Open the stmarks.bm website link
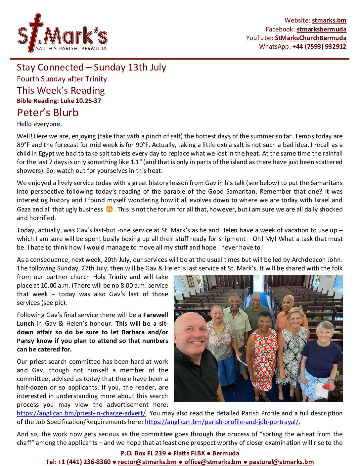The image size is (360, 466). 329,21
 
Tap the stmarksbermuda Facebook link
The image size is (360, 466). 321,29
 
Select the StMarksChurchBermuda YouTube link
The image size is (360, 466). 310,38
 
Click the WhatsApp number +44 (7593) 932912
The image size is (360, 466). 319,47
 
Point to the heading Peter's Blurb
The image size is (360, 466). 48,113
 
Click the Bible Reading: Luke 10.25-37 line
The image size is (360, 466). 59,101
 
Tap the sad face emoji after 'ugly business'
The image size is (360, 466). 109,209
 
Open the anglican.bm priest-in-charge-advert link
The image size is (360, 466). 81,413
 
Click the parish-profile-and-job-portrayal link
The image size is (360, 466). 222,422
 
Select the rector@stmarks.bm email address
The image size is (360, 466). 147,462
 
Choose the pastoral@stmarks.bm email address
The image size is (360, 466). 281,462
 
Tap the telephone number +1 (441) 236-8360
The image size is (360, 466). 78,462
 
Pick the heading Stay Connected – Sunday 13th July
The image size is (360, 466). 91,68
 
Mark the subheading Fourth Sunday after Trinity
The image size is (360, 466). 62,79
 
